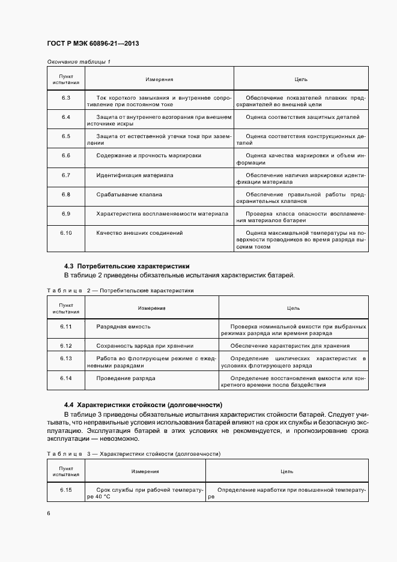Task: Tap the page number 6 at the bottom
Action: click(49, 513)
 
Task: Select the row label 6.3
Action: click(66, 97)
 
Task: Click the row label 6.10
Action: click(66, 232)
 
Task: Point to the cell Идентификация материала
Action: click(135, 175)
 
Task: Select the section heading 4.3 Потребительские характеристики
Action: click(127, 265)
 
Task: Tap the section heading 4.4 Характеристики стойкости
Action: click(143, 404)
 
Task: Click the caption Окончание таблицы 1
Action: click(79, 62)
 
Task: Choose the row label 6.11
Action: click(66, 326)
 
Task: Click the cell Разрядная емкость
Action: click(123, 326)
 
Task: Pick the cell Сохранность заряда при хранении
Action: click(145, 346)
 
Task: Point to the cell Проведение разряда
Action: click(126, 378)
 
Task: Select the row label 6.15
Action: click(66, 490)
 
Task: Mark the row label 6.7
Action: click(66, 175)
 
